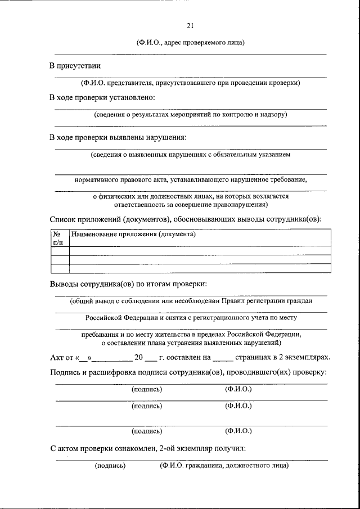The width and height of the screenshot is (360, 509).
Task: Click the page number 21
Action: click(190, 25)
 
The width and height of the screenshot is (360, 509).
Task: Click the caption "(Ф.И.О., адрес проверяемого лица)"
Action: click(190, 43)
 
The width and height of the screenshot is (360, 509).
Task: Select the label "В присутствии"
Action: click(74, 66)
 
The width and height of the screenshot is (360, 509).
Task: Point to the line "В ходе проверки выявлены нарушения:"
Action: click(118, 137)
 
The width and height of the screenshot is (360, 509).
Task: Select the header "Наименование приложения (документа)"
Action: click(133, 234)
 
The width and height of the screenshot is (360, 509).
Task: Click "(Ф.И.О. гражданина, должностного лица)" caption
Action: click(223, 466)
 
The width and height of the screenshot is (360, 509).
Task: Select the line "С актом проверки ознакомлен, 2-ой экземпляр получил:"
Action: click(147, 449)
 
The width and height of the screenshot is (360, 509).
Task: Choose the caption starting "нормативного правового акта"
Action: click(190, 181)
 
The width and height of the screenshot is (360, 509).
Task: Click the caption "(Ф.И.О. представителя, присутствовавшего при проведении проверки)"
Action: click(190, 83)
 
